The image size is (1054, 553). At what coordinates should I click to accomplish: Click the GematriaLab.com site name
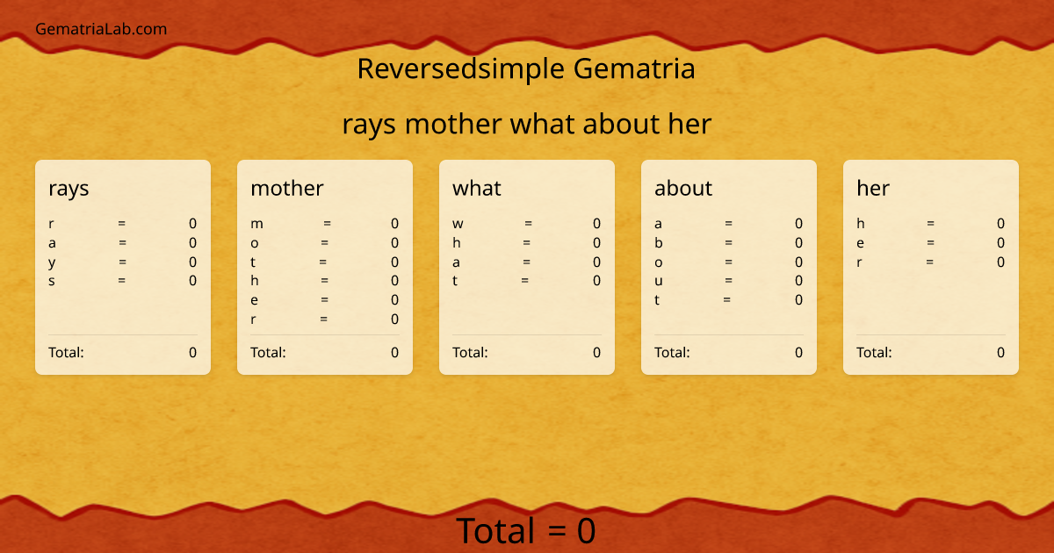pos(101,29)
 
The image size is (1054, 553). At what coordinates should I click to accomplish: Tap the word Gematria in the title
pos(635,68)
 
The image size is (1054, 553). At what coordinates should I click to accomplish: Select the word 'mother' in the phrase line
pos(454,125)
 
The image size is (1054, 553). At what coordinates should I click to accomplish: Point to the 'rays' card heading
pos(69,188)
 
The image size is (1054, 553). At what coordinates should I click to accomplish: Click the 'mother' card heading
pos(287,188)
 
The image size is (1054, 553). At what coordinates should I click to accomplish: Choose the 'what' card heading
pos(477,188)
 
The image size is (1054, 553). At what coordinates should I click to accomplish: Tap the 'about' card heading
pos(683,188)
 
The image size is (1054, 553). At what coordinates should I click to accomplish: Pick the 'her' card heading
pos(873,188)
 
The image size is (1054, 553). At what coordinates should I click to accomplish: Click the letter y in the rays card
pos(52,262)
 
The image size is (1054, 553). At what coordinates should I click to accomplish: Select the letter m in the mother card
pos(256,224)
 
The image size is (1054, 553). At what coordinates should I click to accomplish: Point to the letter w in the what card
pos(458,224)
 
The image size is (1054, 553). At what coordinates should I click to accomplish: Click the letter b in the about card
pos(659,243)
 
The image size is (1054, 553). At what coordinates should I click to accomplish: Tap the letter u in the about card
pos(659,281)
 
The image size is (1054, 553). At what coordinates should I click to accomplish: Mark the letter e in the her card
pos(861,243)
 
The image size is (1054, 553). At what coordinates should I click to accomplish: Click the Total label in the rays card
pos(66,353)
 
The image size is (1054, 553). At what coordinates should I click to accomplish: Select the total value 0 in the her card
pos(1000,353)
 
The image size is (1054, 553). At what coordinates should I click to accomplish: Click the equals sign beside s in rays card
pos(122,281)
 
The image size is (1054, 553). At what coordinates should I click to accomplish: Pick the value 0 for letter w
pos(596,224)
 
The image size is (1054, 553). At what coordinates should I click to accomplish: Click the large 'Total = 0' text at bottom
pos(526,532)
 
